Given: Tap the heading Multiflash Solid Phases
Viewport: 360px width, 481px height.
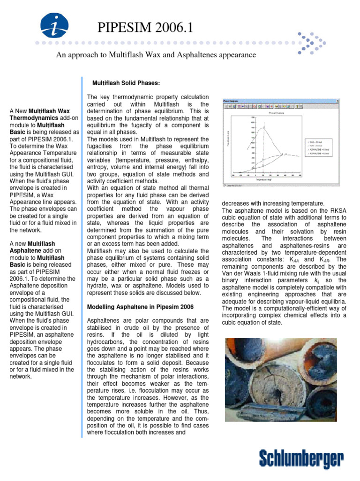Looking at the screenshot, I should point(127,83).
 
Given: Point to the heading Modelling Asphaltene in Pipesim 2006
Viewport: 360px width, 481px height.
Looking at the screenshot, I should point(141,307).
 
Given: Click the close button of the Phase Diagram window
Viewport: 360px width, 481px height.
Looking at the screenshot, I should point(337,101).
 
